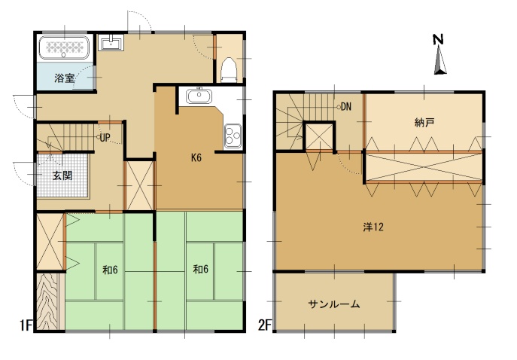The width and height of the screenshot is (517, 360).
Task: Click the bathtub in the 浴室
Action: tap(64, 47)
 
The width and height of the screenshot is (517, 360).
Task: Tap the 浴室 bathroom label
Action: tap(65, 78)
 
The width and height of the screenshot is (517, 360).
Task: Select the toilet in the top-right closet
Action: tap(229, 70)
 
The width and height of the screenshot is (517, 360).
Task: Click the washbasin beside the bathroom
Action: tap(111, 42)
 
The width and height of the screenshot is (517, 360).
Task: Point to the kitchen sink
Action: tap(199, 96)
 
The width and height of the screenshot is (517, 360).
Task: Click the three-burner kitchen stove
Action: tap(233, 136)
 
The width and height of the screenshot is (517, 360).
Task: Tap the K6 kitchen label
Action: tap(196, 157)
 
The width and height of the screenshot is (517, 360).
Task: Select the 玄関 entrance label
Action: tap(62, 175)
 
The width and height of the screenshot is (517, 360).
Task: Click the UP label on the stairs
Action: tap(105, 138)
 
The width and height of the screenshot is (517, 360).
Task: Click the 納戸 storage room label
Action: tap(424, 123)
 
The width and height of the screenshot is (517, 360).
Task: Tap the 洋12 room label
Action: tap(373, 227)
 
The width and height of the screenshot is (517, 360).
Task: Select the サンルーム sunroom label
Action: tap(334, 304)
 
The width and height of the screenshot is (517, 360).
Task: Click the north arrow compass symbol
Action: tap(440, 60)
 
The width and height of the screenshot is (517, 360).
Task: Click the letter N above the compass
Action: tap(438, 39)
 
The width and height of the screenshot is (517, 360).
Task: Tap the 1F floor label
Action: tap(26, 325)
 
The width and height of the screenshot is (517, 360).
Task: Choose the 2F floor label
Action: tap(265, 325)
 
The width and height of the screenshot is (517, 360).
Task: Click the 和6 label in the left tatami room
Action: tap(110, 270)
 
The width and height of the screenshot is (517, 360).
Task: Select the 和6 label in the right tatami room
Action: tap(200, 270)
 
